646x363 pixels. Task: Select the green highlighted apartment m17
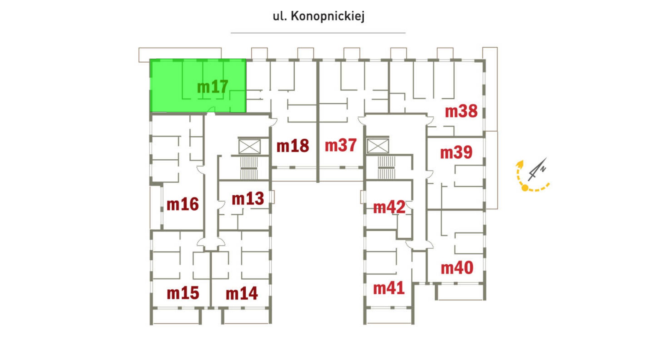pyautogui.click(x=198, y=85)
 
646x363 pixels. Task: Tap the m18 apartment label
pyautogui.click(x=292, y=146)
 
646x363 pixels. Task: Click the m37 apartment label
pyautogui.click(x=341, y=146)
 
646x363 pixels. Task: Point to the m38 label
pyautogui.click(x=461, y=112)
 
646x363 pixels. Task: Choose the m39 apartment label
pyautogui.click(x=456, y=153)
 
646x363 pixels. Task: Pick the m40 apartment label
pyautogui.click(x=457, y=268)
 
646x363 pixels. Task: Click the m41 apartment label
pyautogui.click(x=389, y=288)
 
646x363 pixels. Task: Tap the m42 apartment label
pyautogui.click(x=389, y=207)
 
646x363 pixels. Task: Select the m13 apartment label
pyautogui.click(x=248, y=199)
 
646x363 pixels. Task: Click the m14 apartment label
pyautogui.click(x=242, y=294)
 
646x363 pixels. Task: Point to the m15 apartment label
pyautogui.click(x=183, y=293)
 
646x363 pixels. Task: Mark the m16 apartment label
pyautogui.click(x=182, y=205)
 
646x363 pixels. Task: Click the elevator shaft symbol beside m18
pyautogui.click(x=250, y=147)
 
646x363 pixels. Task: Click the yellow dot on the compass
pyautogui.click(x=525, y=188)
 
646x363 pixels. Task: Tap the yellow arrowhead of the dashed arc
pyautogui.click(x=520, y=164)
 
